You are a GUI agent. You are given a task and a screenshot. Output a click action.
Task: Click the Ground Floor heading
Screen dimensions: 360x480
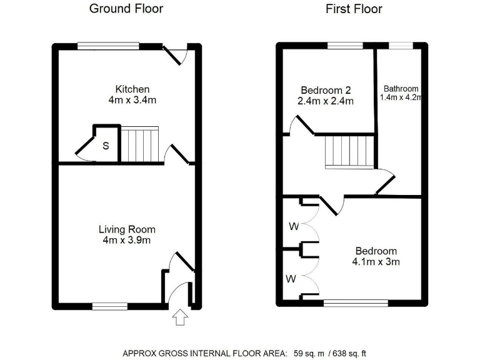tap(126, 9)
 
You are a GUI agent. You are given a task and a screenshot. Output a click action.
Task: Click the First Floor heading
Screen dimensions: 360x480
tap(354, 9)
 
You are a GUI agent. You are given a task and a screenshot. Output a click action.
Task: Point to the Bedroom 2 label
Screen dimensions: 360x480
tap(327, 89)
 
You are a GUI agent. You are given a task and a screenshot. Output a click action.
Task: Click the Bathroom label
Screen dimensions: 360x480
tap(401, 89)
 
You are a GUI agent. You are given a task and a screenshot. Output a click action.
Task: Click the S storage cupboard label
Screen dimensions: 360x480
tap(106, 146)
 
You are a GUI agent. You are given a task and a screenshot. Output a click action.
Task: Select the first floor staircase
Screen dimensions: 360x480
tap(349, 152)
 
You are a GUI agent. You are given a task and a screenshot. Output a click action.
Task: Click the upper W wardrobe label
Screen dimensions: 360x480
tap(294, 226)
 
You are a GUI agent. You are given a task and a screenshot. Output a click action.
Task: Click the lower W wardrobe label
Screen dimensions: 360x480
tap(291, 279)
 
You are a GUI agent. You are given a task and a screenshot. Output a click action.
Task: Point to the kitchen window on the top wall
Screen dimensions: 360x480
tap(108, 46)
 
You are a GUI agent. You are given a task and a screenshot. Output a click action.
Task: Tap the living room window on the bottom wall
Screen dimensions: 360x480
tap(110, 306)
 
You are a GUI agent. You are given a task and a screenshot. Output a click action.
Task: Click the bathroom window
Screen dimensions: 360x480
tap(401, 46)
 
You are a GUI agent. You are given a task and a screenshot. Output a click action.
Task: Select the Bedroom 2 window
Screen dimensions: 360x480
tap(345, 46)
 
